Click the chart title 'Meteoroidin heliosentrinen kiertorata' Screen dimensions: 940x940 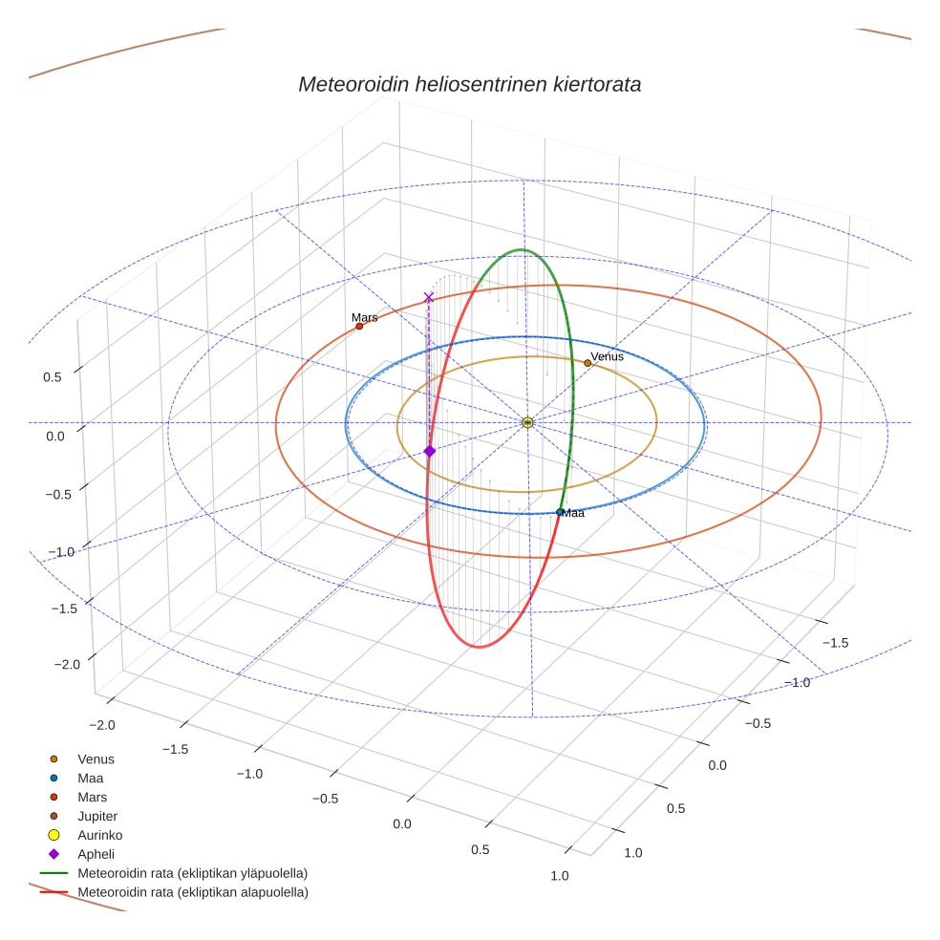pos(469,84)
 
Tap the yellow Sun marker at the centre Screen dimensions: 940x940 pos(527,422)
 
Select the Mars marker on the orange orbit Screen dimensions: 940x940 pos(359,327)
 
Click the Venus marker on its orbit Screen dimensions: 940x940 pos(587,363)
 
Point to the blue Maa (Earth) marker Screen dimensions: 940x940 pos(560,512)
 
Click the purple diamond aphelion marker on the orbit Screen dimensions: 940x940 pos(429,451)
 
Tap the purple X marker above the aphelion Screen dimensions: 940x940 pos(429,298)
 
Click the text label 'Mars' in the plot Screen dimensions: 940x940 pos(364,317)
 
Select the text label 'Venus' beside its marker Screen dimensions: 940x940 pos(607,356)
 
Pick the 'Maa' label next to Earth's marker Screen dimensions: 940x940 pos(573,513)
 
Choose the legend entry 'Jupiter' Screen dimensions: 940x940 pos(97,816)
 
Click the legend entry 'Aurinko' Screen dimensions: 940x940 pos(100,835)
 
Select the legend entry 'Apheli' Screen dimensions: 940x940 pos(96,854)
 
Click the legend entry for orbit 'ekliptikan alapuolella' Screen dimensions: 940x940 pos(192,892)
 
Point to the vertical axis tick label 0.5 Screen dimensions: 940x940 pos(53,376)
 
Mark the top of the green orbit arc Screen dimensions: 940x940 pos(522,250)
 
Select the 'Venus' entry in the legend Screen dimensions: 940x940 pos(96,759)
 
